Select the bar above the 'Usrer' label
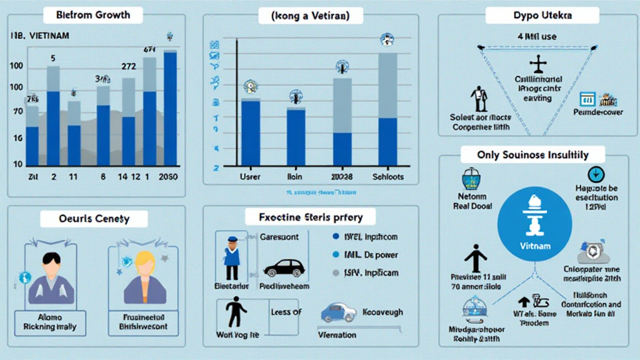tap(251, 132)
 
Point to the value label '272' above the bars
tap(129, 65)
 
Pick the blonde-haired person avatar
tap(145, 278)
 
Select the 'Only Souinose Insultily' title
tap(532, 154)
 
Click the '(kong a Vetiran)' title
tap(309, 15)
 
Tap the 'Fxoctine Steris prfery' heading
tap(309, 217)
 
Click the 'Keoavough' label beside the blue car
tap(383, 312)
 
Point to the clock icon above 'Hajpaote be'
tap(595, 175)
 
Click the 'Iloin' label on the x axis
tap(295, 177)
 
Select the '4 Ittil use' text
tap(537, 36)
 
